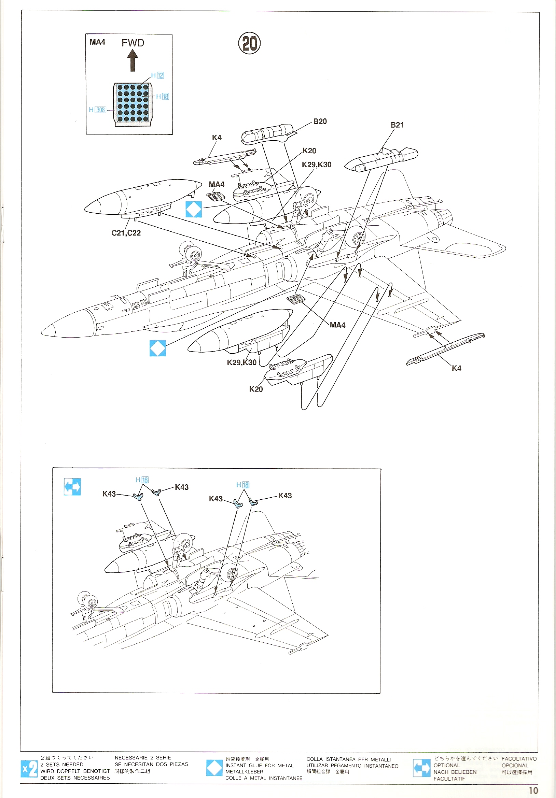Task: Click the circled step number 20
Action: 249,43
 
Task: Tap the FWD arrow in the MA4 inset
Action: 133,60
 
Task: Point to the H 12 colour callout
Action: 157,75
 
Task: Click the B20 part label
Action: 320,121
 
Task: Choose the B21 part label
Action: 397,125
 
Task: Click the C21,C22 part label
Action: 126,233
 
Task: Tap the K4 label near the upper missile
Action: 217,138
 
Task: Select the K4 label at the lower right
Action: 456,368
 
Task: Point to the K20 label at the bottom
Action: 256,389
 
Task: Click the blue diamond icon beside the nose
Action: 157,348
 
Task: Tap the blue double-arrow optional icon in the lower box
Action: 72,487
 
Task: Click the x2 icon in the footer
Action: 29,768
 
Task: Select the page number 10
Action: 533,790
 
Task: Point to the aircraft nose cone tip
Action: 43,331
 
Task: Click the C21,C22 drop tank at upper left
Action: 142,198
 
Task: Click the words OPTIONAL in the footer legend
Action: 446,765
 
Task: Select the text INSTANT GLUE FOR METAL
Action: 260,765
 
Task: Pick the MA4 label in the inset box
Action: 97,42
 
